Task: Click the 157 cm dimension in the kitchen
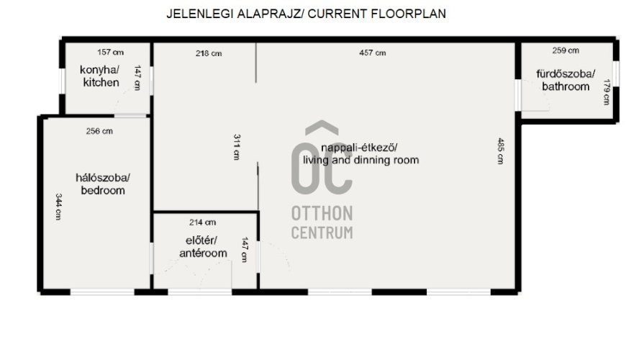tap(111, 52)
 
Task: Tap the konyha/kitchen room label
tap(101, 76)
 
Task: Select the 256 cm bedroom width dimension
tap(99, 131)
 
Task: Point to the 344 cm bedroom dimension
tap(59, 207)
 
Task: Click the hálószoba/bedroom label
tap(103, 184)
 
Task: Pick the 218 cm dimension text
tap(209, 53)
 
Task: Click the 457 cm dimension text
tap(373, 53)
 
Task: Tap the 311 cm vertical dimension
tap(237, 147)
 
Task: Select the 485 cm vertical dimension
tap(501, 150)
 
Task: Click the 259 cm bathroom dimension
tap(566, 50)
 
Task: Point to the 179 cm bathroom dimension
tap(607, 91)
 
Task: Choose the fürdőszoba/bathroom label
tap(566, 80)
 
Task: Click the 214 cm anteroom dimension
tap(202, 222)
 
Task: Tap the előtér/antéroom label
tap(203, 246)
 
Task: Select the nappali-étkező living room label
tap(361, 153)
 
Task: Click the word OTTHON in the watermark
tap(322, 214)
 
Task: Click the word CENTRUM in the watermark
tap(322, 233)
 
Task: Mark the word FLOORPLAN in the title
tap(408, 14)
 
